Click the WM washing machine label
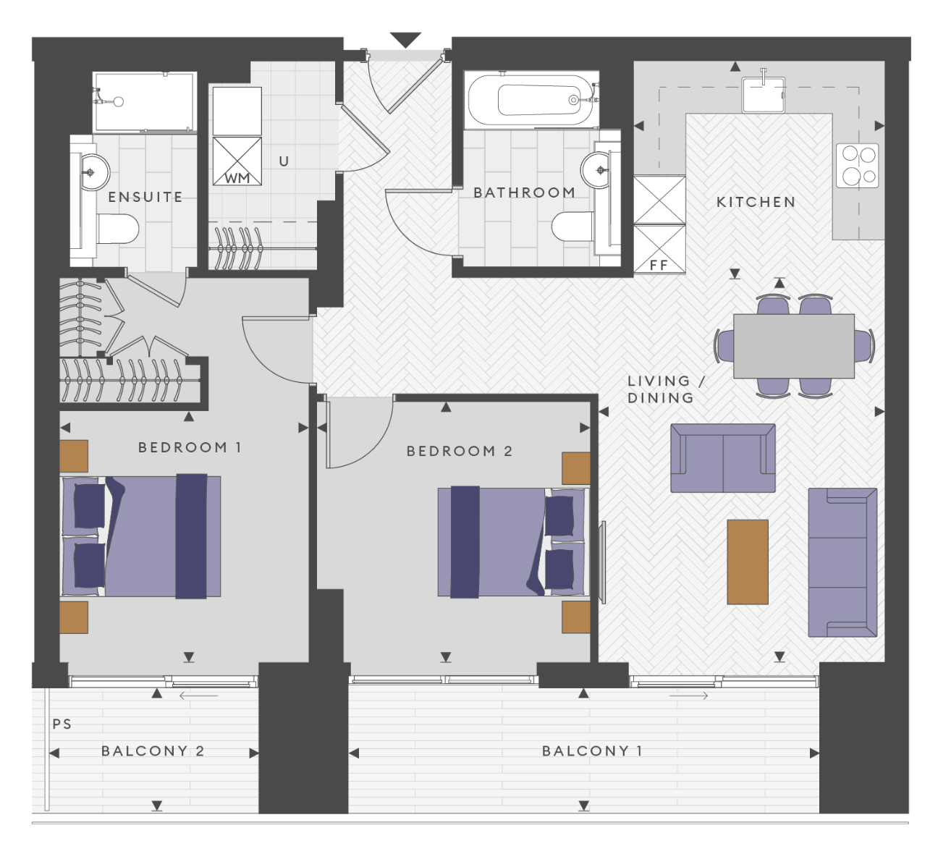click(237, 179)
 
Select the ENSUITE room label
click(145, 197)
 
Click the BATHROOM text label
click(524, 193)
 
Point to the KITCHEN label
click(756, 203)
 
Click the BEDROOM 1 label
click(190, 447)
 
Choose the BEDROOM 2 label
click(460, 451)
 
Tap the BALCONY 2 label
click(153, 751)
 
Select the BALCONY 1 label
click(592, 751)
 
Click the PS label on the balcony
click(62, 724)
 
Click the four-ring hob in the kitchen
click(857, 165)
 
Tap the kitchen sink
click(764, 95)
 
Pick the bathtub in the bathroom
click(531, 100)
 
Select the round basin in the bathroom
click(596, 170)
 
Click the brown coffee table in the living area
click(748, 562)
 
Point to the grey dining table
click(794, 346)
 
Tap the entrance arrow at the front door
click(405, 40)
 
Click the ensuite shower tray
click(145, 102)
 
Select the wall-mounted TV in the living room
click(601, 562)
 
